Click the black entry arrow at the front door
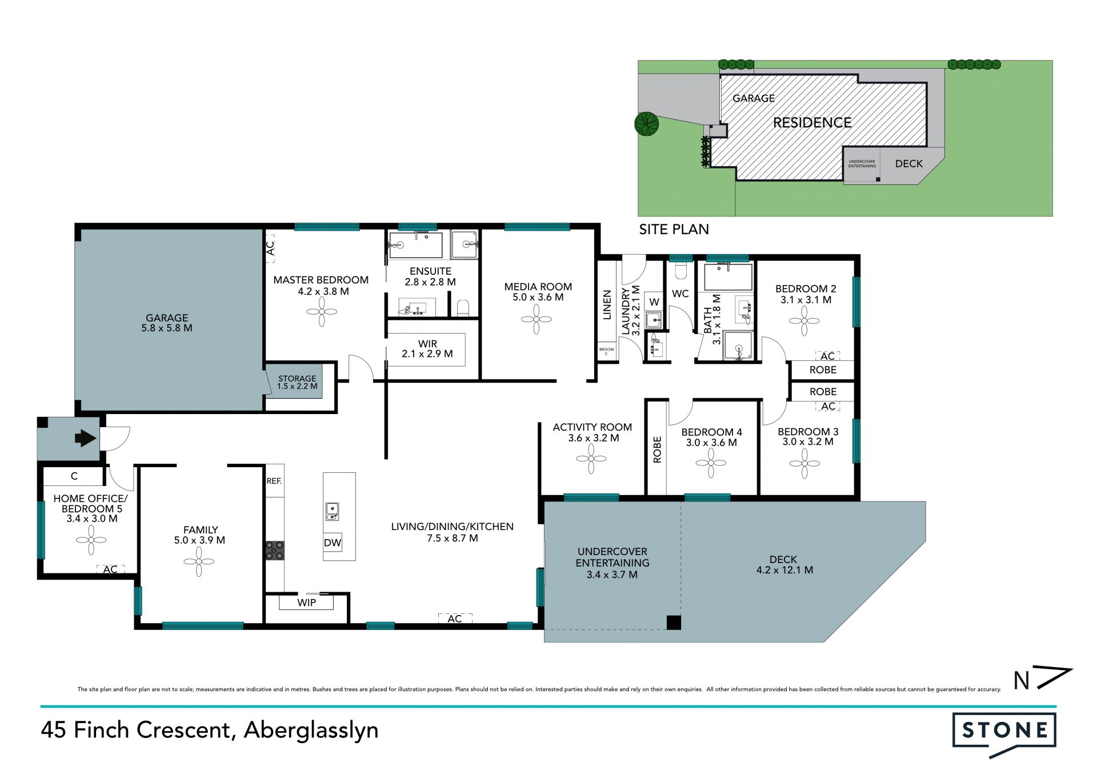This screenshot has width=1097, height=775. tap(85, 439)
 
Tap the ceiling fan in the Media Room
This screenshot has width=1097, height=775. tap(537, 319)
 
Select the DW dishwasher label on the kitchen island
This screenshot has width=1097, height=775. tap(333, 543)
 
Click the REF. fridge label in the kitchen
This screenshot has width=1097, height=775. tap(274, 481)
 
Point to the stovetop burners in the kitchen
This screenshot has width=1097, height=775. tap(275, 551)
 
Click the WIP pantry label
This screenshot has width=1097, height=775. tap(307, 603)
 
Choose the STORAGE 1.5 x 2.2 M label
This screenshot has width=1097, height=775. tap(297, 382)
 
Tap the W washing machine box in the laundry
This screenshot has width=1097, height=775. tap(654, 302)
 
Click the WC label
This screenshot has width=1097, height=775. tap(680, 294)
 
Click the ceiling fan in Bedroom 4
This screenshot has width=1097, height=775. tap(711, 463)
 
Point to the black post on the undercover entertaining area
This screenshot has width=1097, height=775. tap(674, 623)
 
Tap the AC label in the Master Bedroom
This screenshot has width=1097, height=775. tap(270, 248)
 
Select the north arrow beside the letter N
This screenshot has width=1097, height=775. tap(1054, 678)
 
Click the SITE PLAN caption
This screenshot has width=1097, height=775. tap(674, 230)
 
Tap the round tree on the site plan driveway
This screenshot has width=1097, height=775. tap(647, 123)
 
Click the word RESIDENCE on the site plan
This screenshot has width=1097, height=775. tap(812, 123)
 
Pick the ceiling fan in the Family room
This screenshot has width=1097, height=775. tap(199, 562)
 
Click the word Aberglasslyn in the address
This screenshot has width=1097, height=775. tap(311, 730)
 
